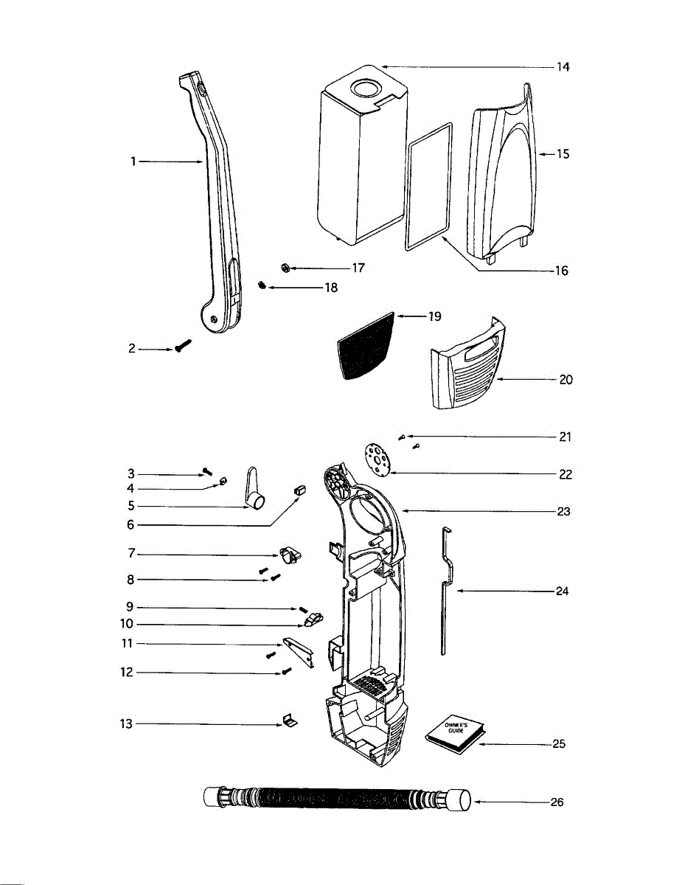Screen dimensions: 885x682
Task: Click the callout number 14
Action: (x=563, y=67)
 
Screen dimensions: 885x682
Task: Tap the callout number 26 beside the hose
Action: (x=557, y=802)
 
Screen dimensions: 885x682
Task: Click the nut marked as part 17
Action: (x=285, y=267)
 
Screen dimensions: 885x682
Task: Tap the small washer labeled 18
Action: (x=262, y=285)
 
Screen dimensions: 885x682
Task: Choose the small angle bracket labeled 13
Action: (x=288, y=720)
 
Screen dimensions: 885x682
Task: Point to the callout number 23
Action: (x=564, y=511)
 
